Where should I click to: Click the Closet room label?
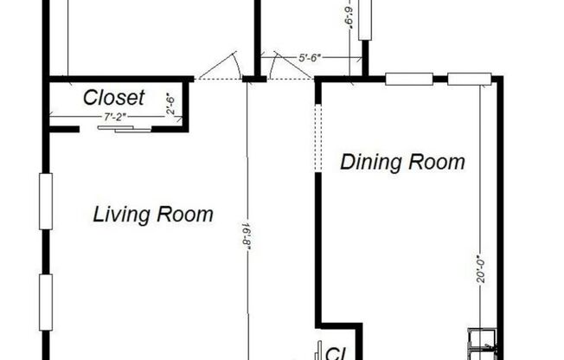(x=113, y=98)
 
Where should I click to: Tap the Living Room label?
(x=152, y=214)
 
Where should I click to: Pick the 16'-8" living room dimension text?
(x=246, y=231)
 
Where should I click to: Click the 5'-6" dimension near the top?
(x=310, y=58)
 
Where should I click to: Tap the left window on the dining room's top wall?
(x=408, y=80)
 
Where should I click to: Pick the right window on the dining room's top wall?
(x=469, y=80)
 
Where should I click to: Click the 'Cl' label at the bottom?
(x=333, y=351)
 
